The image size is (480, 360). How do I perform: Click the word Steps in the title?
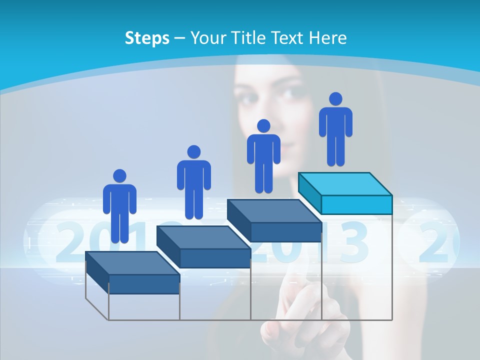[147, 38]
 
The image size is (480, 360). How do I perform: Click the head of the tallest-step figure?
[335, 99]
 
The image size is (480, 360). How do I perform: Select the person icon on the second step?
[193, 182]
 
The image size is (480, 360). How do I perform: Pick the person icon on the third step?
[263, 156]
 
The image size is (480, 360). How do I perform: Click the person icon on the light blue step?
[335, 130]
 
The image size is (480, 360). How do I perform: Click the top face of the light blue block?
[345, 184]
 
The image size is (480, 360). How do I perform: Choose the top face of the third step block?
[274, 211]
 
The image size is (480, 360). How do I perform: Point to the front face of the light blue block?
[356, 205]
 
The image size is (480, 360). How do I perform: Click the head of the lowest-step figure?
[119, 176]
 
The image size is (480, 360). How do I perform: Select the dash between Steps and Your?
[180, 38]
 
